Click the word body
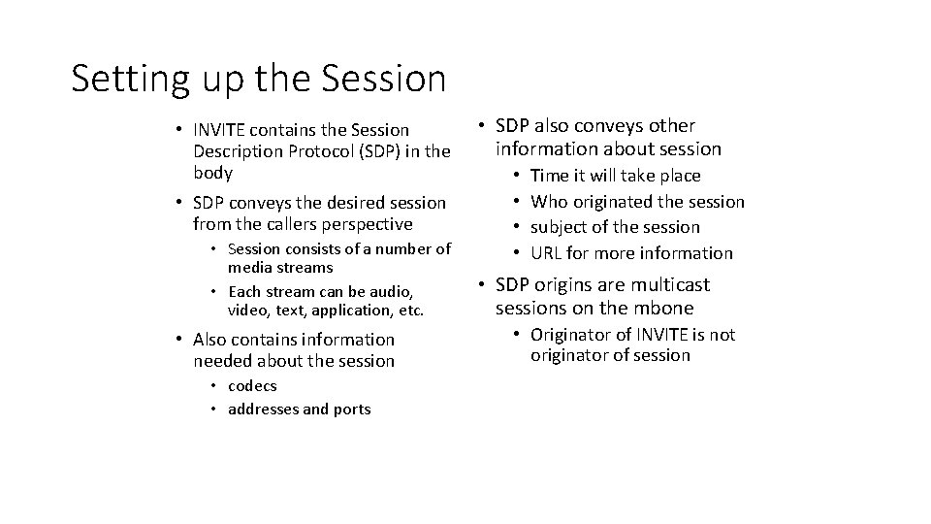(212, 173)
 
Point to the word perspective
(358, 224)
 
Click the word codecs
(252, 386)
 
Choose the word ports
(351, 409)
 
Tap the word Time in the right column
(551, 176)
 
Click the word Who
(549, 202)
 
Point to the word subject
(561, 228)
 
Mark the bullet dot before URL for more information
(517, 253)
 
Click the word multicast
(669, 285)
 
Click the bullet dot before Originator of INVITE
(517, 335)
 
